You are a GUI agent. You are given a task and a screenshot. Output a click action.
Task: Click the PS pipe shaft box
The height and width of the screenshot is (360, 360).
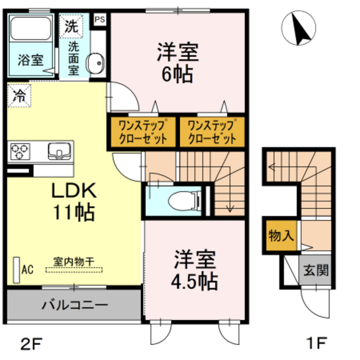coord(100,20)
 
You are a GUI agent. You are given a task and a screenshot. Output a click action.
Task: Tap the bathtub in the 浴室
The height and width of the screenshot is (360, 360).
coord(30,28)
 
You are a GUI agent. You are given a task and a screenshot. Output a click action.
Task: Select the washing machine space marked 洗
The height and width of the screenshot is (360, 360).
coord(71,26)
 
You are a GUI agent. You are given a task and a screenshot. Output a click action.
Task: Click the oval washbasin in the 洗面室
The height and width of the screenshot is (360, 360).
coord(95,63)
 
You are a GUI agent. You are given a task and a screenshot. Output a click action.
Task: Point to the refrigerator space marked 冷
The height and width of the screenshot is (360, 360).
coord(19,95)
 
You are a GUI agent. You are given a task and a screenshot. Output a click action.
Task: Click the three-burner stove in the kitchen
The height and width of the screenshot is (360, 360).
coord(20,151)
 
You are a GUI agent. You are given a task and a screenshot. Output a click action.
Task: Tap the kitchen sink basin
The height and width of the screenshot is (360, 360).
coord(59,151)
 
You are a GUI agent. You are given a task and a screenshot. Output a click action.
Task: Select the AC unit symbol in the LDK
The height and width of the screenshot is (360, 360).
coord(16,270)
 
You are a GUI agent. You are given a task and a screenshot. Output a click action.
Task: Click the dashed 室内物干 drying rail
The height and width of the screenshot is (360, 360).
coord(74,270)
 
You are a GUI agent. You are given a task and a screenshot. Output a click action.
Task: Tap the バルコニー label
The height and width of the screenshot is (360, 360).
coord(75,305)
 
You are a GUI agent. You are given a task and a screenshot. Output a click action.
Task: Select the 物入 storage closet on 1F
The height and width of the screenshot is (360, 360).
coord(281,235)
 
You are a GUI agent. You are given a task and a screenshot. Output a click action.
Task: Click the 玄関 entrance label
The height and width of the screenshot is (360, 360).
coord(316,270)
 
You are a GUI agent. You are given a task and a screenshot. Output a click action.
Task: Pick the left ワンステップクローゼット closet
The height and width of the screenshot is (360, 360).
coord(143,132)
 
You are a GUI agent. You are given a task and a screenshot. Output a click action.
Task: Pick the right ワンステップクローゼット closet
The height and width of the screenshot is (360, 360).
coord(212,132)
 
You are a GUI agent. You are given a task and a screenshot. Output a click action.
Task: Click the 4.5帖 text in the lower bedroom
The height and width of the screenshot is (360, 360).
coord(194,281)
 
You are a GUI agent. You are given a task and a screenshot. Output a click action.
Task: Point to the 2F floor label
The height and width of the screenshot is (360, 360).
coord(31,344)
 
